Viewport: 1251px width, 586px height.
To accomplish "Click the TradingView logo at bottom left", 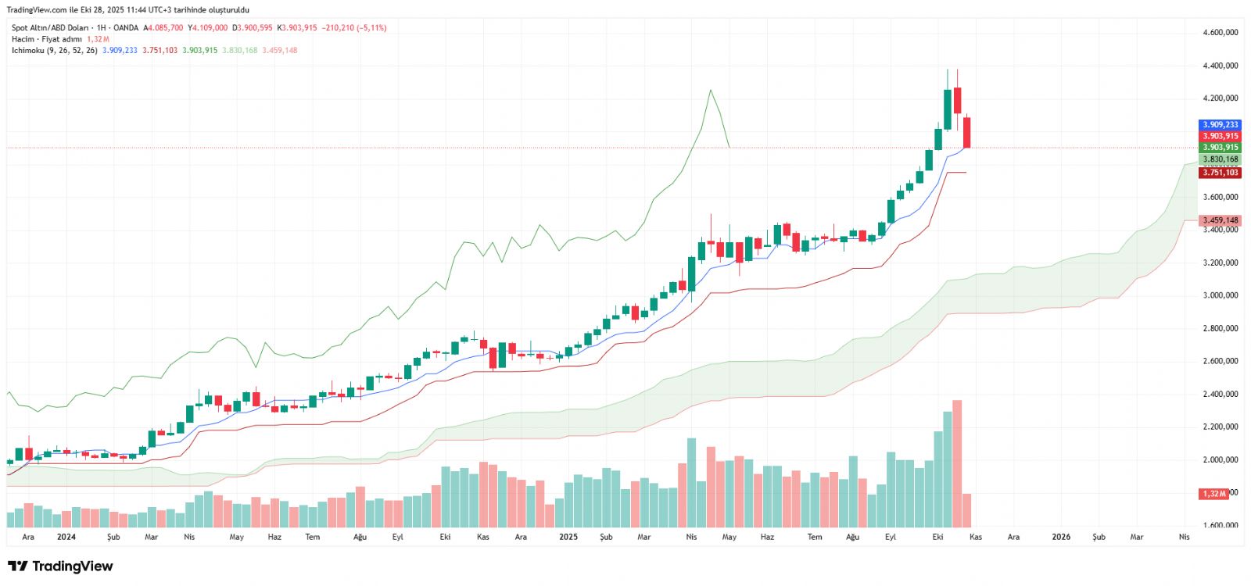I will click(x=60, y=566).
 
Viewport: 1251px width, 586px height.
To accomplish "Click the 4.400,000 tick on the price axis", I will click(x=1220, y=66).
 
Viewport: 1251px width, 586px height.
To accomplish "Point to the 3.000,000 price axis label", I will click(x=1220, y=295).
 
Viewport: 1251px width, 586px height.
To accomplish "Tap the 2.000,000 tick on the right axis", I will click(x=1220, y=459).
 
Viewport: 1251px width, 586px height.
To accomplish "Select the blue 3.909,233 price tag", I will click(x=1220, y=125).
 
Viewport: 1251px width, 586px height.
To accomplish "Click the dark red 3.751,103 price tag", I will click(x=1220, y=173).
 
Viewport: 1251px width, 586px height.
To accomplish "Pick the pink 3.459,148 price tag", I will click(x=1220, y=220).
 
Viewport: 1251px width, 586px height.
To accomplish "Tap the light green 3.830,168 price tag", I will click(x=1220, y=159).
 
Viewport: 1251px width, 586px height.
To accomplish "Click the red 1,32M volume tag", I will click(x=1214, y=494).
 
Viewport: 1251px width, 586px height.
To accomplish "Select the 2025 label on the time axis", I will click(x=568, y=537).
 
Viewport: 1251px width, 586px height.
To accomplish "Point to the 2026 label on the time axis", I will click(x=1061, y=537).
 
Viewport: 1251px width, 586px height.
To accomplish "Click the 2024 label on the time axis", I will click(x=66, y=537).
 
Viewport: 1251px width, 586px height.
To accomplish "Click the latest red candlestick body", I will click(x=967, y=132).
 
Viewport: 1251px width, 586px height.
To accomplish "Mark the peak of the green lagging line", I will click(x=710, y=91).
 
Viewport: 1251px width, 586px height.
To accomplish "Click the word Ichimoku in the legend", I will click(x=27, y=50).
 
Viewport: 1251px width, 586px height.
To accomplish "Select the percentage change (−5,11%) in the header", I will click(x=372, y=27).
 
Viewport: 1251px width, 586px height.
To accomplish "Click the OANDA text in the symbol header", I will click(x=126, y=27).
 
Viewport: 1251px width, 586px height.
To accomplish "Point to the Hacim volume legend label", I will click(x=23, y=39).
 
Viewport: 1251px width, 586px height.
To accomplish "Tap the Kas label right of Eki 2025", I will click(x=976, y=537).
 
